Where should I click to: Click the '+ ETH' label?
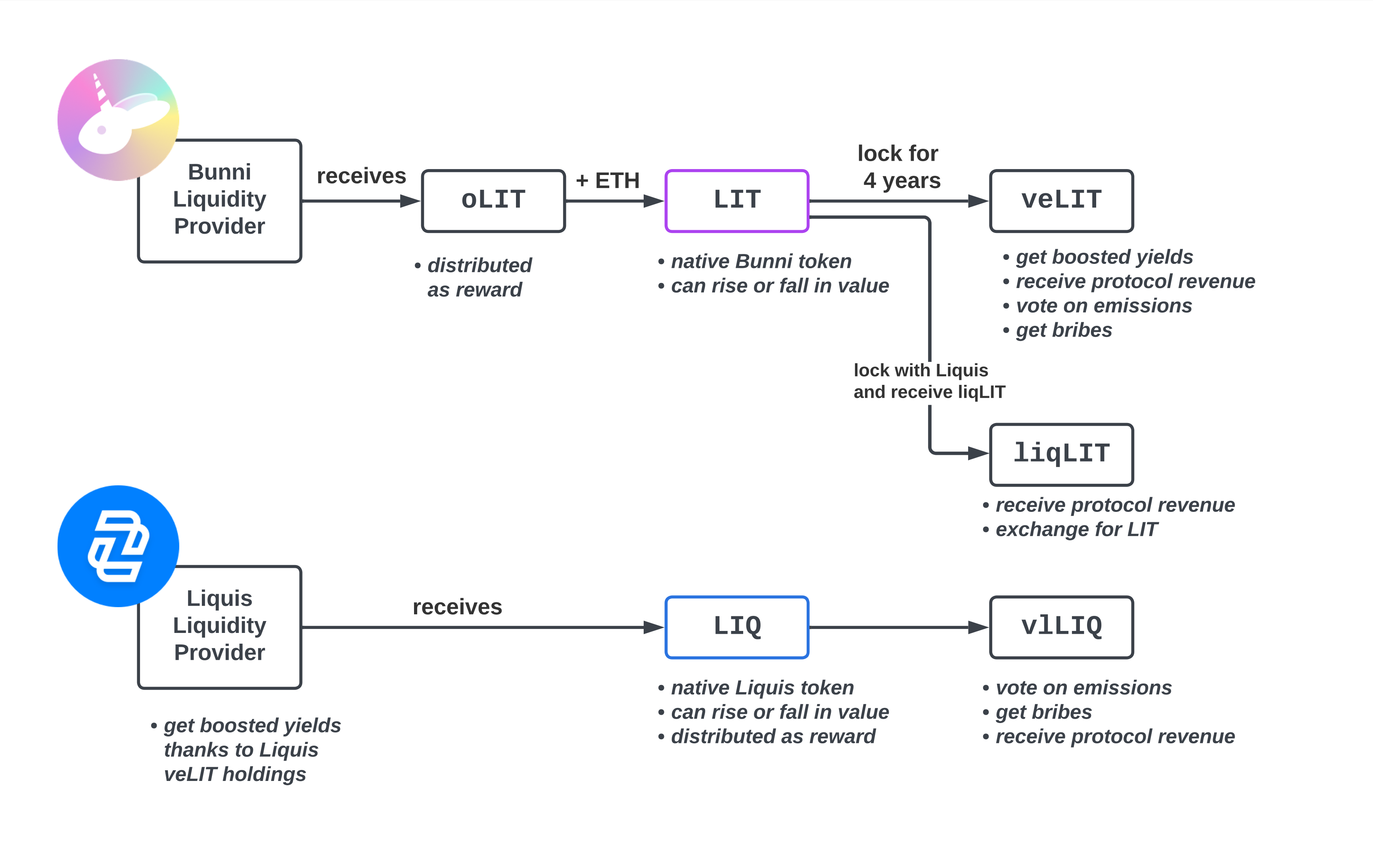(607, 181)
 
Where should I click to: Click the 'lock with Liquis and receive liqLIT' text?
(929, 381)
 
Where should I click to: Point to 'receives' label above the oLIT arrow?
(361, 176)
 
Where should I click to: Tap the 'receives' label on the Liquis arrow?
(457, 607)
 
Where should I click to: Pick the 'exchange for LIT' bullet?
(1070, 529)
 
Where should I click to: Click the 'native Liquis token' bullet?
(756, 688)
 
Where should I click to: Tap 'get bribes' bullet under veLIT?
(1057, 330)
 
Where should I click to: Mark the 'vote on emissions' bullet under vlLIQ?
(1077, 688)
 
